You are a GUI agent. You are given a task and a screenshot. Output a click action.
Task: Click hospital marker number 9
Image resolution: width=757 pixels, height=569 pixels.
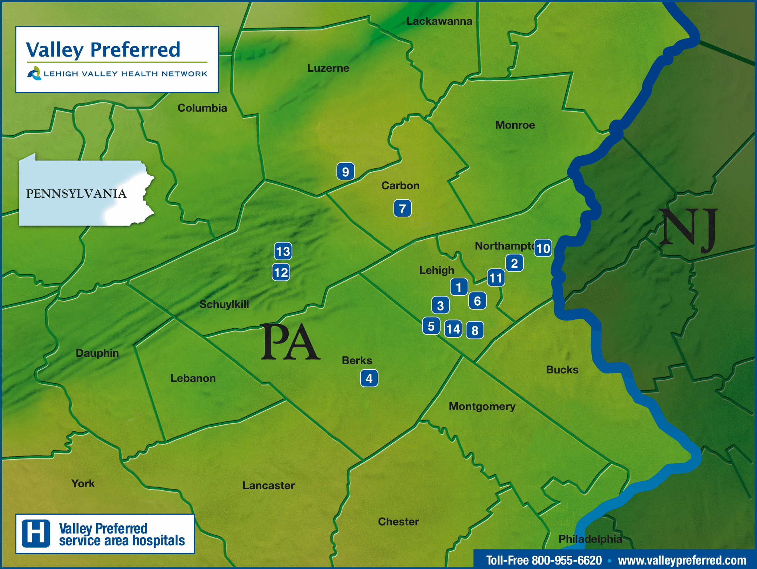[345, 172]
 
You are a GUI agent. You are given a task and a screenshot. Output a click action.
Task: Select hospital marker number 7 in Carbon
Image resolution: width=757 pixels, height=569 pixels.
[402, 209]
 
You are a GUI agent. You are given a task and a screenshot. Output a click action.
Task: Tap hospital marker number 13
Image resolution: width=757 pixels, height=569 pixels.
[283, 251]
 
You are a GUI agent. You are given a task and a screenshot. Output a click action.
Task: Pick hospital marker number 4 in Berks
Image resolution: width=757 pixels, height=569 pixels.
[369, 378]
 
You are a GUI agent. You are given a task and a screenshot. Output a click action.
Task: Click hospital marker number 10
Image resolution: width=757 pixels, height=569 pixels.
[543, 248]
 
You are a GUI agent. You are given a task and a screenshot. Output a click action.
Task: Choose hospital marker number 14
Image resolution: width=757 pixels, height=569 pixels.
[453, 329]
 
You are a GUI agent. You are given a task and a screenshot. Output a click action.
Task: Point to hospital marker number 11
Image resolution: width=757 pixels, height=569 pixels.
[496, 278]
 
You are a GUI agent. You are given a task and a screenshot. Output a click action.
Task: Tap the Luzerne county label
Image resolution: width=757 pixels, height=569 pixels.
[328, 68]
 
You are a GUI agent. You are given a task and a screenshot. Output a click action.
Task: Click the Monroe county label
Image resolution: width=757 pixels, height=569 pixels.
[515, 125]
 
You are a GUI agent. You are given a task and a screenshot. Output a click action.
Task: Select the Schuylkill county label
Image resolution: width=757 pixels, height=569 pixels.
[224, 304]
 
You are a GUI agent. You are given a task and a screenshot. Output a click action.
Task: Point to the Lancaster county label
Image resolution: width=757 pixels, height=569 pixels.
[268, 485]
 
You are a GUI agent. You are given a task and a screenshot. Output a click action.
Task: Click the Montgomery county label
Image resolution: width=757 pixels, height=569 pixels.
[482, 406]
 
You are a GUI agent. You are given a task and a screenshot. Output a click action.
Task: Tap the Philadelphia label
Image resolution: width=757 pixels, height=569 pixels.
[590, 539]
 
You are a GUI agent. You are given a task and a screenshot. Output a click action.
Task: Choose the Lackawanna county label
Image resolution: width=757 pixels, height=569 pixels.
[439, 21]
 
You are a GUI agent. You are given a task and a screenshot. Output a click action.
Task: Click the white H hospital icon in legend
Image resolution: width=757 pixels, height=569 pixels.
[36, 534]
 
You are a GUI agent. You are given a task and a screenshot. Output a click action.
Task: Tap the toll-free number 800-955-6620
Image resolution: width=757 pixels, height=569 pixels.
[544, 560]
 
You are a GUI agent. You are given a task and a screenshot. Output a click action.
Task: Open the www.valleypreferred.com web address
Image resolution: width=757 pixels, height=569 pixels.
[682, 560]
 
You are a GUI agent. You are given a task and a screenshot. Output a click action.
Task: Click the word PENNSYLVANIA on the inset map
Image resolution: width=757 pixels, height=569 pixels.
[76, 194]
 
